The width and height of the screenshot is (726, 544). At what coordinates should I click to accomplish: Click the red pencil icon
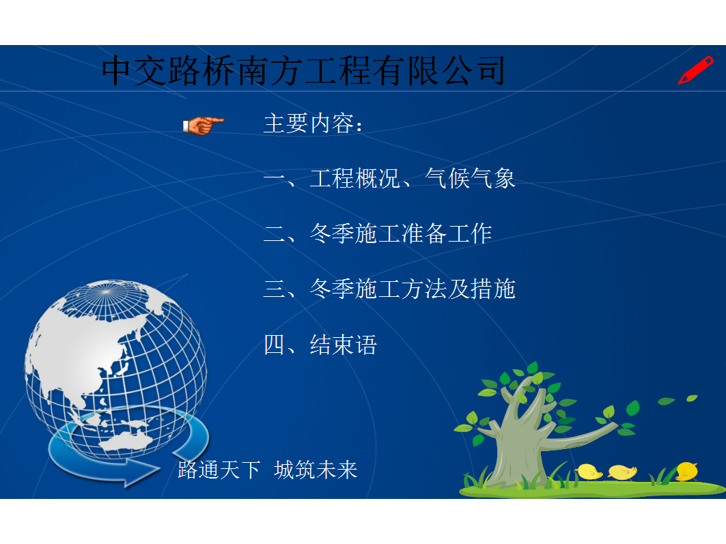point(695,70)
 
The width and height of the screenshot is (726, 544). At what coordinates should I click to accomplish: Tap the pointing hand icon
point(203,126)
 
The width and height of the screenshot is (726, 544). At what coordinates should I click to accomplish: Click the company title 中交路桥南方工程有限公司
point(303,71)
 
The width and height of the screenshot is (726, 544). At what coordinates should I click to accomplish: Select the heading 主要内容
point(309,124)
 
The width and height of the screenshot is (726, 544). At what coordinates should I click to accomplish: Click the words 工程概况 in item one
point(354,179)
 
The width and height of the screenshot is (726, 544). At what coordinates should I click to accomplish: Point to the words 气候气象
point(470,179)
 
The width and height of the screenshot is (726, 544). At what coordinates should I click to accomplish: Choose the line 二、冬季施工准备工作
point(378,233)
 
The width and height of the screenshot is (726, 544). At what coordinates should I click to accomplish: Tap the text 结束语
point(343,345)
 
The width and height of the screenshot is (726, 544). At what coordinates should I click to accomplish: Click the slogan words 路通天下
point(219,470)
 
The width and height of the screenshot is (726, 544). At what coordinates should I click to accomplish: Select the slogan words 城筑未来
point(316,470)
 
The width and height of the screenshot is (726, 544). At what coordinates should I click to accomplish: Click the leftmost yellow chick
point(589,472)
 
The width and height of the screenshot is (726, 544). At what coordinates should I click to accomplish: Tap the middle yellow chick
point(622,472)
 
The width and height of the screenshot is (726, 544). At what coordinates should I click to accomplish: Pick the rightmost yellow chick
point(687,472)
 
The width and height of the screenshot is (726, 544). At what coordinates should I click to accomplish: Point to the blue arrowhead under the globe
point(141,471)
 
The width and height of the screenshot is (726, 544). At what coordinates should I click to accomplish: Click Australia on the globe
point(126,442)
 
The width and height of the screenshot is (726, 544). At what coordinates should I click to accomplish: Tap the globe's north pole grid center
point(106,292)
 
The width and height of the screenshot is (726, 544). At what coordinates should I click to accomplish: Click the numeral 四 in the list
point(274,345)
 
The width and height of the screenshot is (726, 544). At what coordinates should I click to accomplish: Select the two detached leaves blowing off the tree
point(678,400)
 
